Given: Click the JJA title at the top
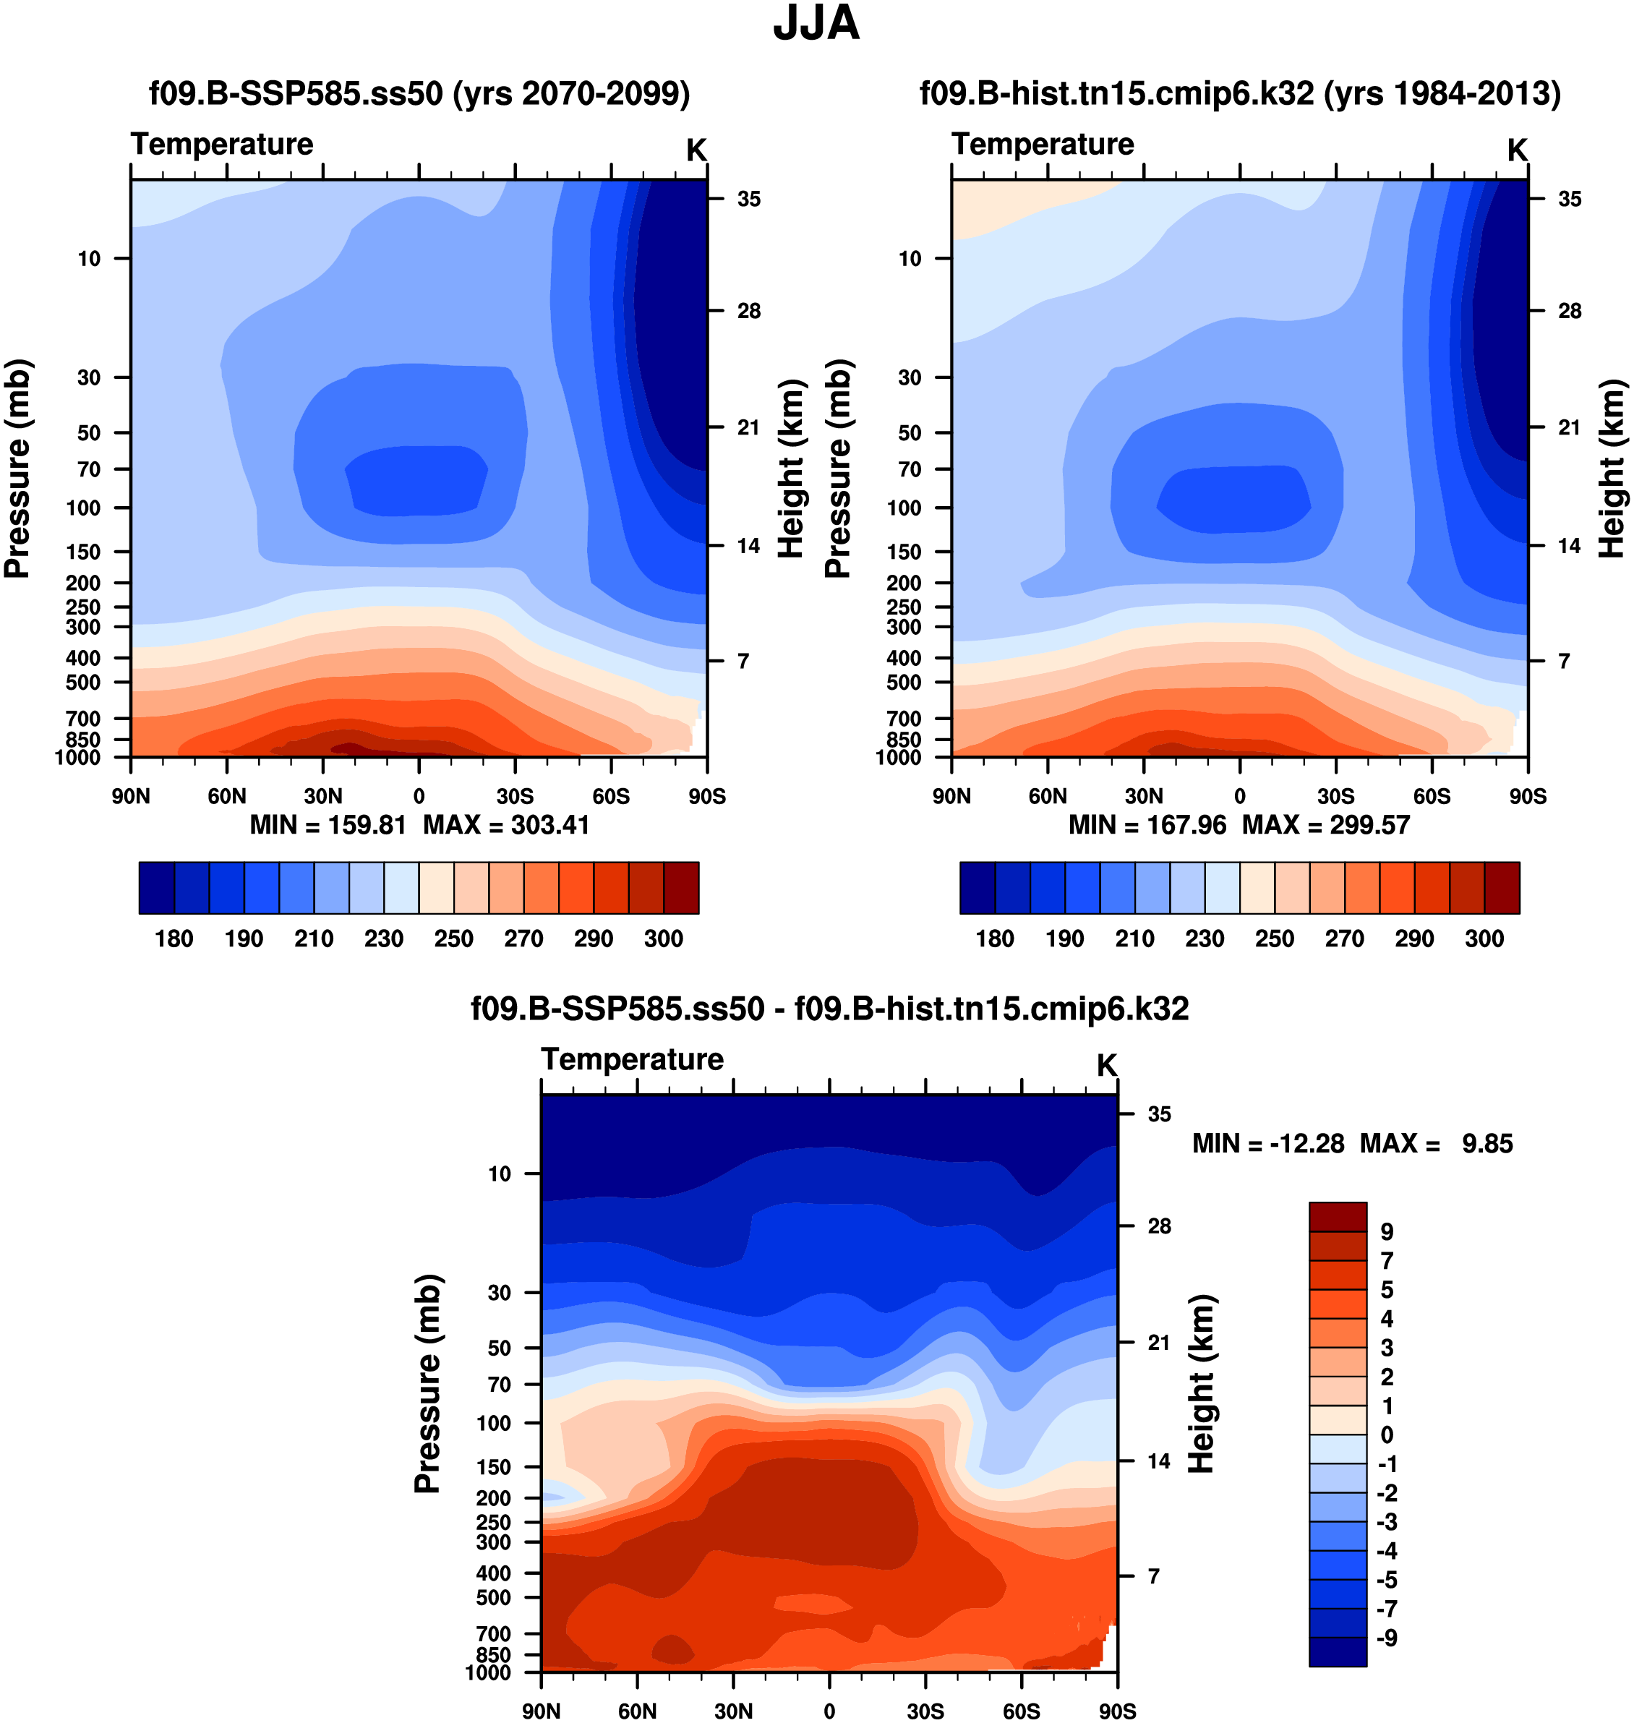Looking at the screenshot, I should pos(816,24).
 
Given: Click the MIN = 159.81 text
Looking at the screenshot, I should pos(328,825).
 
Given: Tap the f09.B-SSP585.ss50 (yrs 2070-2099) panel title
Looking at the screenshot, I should pos(419,93).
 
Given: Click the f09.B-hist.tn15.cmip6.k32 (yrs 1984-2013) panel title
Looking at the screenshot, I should pos(1240,93).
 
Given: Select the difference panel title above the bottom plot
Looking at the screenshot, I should pos(829,1008).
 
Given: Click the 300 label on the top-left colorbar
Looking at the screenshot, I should pos(663,939).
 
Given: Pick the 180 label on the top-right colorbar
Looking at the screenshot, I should pos(994,939).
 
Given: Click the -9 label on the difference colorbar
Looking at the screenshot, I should pos(1387,1638).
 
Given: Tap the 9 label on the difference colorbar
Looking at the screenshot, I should pos(1387,1232).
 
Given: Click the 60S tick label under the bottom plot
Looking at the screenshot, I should pos(1021,1711).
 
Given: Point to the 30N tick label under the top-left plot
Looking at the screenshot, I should pos(322,796).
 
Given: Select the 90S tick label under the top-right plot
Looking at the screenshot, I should pos(1528,796).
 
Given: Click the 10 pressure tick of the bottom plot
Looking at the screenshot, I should pos(499,1173).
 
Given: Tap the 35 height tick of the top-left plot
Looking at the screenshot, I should pos(748,200).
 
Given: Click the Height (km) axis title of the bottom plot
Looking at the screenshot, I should pos(1202,1383).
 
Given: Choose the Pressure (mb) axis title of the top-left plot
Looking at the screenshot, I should pos(17,469).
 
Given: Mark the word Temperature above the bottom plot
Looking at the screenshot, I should pos(633,1059).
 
